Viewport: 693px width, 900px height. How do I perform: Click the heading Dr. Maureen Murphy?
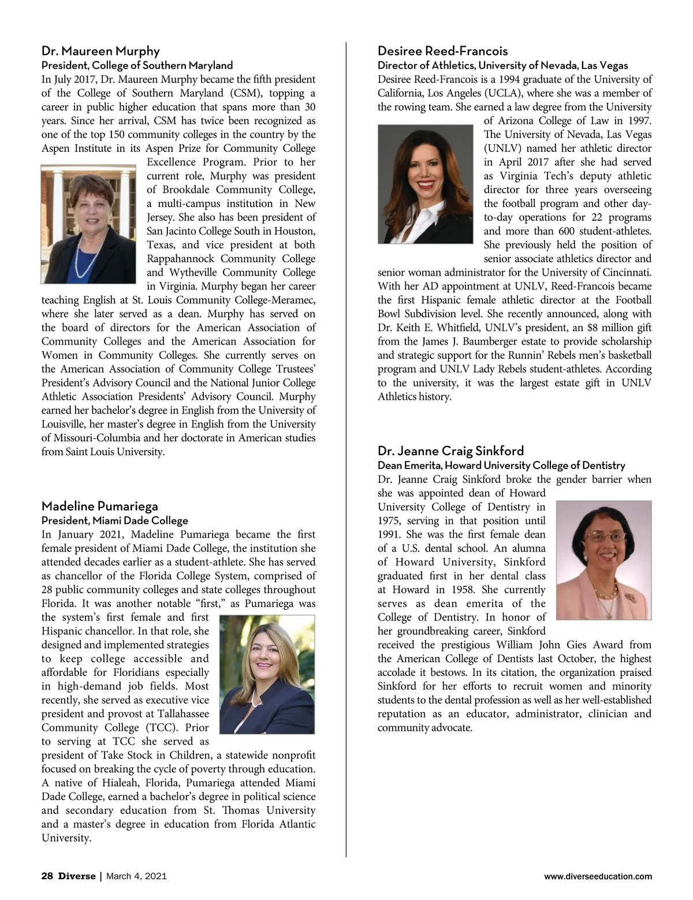[100, 51]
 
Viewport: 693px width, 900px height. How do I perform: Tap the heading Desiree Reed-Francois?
[442, 51]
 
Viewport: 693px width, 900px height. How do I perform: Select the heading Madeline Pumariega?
[99, 506]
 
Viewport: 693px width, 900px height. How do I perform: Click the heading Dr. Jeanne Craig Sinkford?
[450, 451]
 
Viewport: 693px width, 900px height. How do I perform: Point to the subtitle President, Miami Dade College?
[114, 520]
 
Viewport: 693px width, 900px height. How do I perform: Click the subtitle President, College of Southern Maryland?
[137, 65]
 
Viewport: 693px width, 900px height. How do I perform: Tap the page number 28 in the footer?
[47, 876]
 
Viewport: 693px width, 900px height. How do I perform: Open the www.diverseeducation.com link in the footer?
[598, 876]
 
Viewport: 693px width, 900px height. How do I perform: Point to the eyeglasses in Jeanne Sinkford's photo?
[603, 537]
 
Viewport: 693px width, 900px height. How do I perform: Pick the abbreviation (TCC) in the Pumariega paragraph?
[157, 728]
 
